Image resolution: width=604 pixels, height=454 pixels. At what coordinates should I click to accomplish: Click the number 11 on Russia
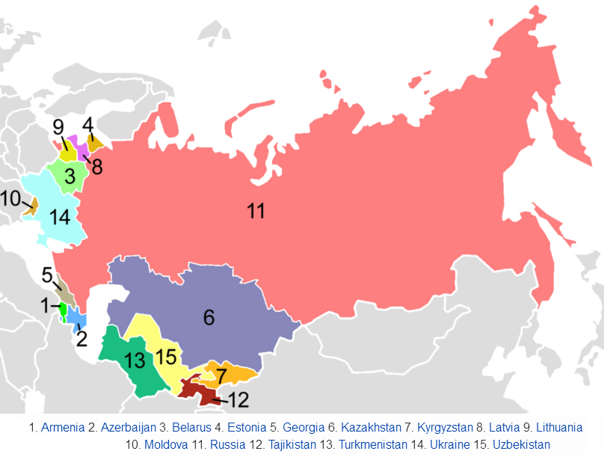click(256, 211)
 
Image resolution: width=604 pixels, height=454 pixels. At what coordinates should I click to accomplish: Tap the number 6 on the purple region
click(209, 317)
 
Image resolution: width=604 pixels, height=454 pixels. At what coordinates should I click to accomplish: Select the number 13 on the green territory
click(135, 361)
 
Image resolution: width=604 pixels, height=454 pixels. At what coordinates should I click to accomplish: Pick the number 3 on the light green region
click(69, 177)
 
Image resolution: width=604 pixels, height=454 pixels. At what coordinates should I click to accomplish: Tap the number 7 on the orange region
click(221, 373)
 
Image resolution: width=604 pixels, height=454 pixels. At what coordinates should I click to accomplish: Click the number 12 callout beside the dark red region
click(238, 399)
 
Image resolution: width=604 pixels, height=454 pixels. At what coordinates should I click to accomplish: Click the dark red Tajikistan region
click(196, 390)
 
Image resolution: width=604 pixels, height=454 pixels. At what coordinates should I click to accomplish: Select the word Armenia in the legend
click(63, 428)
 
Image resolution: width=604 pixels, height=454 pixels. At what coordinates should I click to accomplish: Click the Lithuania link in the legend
click(558, 428)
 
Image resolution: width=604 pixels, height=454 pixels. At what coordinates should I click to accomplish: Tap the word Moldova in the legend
click(166, 444)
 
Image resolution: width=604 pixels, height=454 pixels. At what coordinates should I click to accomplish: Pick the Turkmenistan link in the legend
click(372, 444)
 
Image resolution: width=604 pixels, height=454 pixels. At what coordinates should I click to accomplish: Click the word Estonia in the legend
click(246, 428)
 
